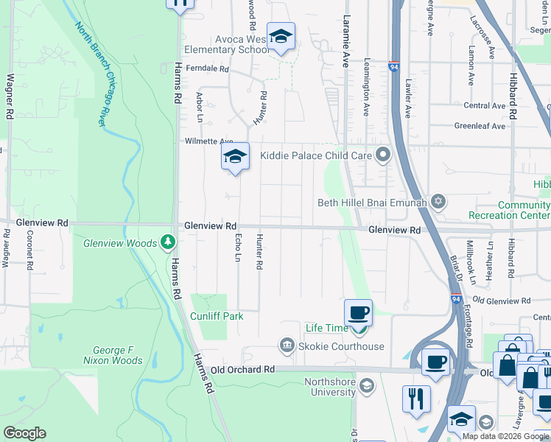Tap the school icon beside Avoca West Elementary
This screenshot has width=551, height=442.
pos(281,36)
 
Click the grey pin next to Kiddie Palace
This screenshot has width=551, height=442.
pos(382,155)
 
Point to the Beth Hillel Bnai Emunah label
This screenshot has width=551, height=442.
pos(372,203)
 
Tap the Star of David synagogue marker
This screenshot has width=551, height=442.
pos(438,202)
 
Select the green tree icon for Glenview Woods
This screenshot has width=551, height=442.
pos(168,242)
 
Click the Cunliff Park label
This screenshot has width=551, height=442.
pos(217,316)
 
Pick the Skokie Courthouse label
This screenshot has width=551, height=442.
pos(341,346)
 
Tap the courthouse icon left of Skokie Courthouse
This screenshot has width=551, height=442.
pos(287,345)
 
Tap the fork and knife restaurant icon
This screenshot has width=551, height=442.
pos(416,399)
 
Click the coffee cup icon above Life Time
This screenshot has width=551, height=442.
pos(358,313)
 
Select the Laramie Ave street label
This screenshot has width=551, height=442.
pos(346,41)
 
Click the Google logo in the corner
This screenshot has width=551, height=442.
pos(24,433)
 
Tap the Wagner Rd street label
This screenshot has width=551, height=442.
pos(10,96)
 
